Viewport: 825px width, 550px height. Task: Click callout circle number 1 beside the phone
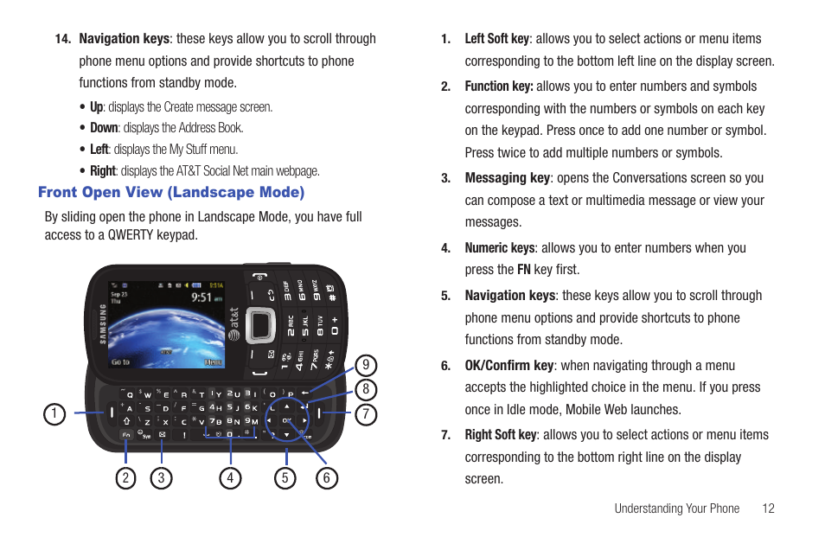54,414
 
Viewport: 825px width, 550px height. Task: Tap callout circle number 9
366,365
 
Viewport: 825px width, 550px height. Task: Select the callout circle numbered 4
230,477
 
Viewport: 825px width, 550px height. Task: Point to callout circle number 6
327,477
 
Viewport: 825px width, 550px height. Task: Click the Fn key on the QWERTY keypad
126,434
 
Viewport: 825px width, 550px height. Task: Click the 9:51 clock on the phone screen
201,297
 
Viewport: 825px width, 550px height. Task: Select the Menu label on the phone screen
213,362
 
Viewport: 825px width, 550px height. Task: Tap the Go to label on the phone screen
120,361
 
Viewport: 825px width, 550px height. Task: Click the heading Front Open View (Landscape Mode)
171,192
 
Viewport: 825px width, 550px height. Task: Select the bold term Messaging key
508,177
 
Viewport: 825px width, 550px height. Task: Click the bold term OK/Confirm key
509,365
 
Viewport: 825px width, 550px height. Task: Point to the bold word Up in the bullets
96,107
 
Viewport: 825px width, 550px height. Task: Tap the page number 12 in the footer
768,508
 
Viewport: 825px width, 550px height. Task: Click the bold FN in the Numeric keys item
524,270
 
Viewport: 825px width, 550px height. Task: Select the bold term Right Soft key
501,435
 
